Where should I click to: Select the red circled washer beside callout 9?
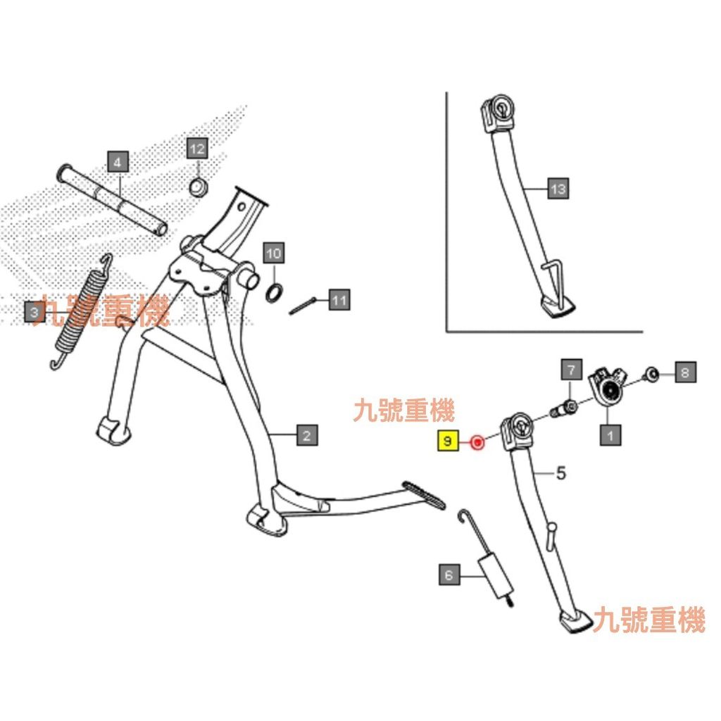477,442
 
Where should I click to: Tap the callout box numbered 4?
118,162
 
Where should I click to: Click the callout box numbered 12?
197,149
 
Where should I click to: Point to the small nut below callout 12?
198,187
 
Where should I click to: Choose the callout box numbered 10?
274,253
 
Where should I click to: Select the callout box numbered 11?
339,301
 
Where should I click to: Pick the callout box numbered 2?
306,436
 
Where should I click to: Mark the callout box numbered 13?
558,189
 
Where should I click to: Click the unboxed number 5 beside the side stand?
560,473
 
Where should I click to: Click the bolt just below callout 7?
567,407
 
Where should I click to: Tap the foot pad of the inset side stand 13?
558,308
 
